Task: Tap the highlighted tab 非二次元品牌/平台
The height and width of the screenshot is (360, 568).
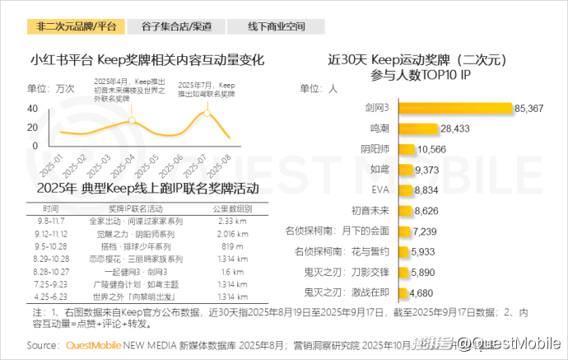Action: (x=77, y=26)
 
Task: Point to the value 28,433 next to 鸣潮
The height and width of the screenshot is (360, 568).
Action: (x=454, y=129)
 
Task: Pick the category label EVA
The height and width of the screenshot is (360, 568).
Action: (x=380, y=190)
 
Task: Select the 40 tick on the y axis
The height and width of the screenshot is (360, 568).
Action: (x=33, y=108)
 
